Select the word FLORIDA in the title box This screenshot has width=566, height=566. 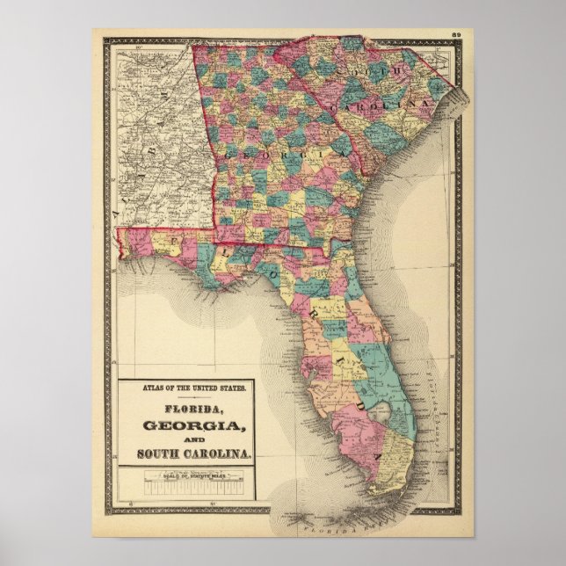tap(186, 409)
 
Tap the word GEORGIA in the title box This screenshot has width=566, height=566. tap(185, 425)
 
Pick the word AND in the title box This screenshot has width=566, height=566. tap(186, 440)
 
